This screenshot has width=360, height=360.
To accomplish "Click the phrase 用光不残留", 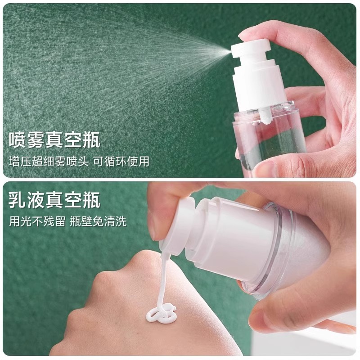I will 35,221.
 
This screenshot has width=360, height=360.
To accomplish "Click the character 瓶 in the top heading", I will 89,139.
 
